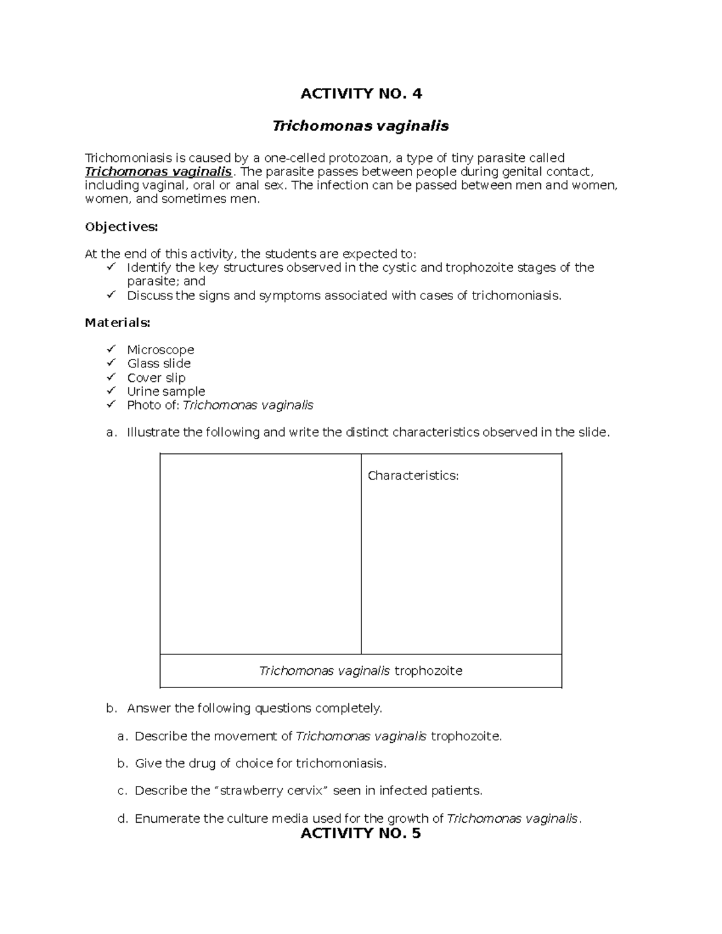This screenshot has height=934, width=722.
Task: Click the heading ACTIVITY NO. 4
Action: point(361,93)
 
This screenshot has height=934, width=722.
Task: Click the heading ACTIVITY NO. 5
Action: point(361,833)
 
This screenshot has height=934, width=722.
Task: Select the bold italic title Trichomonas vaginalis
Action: point(361,126)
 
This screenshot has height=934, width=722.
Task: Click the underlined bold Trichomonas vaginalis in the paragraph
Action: point(158,171)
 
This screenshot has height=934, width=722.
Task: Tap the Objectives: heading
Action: point(121,227)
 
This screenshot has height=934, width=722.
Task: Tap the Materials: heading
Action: point(117,323)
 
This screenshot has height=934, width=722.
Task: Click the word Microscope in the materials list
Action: point(160,350)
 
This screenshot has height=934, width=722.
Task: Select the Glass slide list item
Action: point(159,364)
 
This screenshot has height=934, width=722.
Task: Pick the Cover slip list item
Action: point(156,378)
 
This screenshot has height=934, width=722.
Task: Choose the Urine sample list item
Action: point(166,392)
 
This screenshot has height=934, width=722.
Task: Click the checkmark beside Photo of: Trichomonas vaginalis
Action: point(111,404)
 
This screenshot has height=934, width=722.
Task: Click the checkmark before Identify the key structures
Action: point(111,266)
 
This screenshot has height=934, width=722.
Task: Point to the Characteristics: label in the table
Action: point(413,476)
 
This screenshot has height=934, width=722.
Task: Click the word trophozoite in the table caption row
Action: point(428,671)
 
